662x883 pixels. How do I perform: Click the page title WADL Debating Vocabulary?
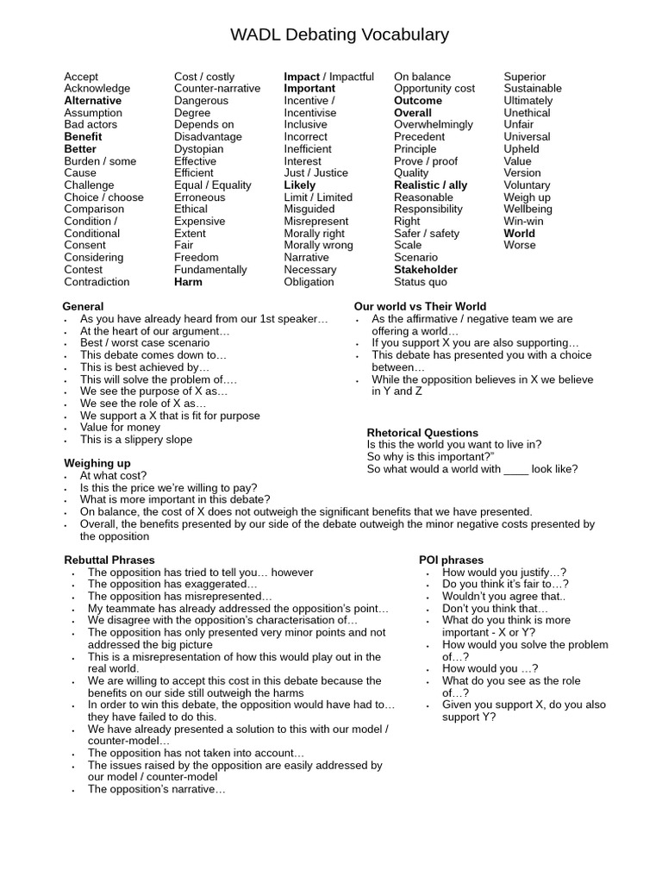(340, 35)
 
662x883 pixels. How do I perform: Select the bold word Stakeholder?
(426, 270)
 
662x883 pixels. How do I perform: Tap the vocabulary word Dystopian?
(198, 149)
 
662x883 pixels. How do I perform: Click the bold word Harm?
(188, 282)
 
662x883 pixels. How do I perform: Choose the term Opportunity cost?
(434, 89)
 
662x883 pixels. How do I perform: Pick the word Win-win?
(523, 222)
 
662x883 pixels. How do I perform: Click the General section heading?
(83, 307)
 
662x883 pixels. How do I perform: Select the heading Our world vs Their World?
(420, 307)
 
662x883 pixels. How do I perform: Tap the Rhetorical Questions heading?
(422, 433)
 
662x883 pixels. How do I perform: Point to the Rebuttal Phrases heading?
(109, 560)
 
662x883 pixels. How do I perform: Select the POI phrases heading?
(451, 560)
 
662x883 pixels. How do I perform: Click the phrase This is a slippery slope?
(136, 440)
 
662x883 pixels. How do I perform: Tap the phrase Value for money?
(120, 428)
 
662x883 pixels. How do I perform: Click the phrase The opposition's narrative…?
(156, 789)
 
